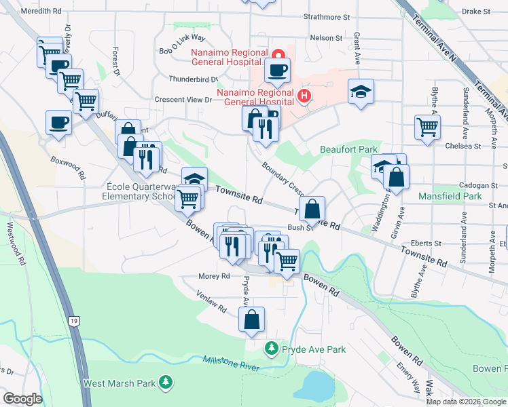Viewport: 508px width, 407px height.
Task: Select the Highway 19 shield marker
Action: point(73,319)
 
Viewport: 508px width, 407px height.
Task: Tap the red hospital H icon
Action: point(304,96)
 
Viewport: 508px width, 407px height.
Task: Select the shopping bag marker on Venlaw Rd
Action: point(251,319)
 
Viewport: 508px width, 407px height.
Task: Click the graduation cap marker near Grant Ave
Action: point(361,92)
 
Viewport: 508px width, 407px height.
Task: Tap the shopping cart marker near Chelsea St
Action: point(427,127)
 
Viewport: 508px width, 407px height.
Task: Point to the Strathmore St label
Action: point(327,16)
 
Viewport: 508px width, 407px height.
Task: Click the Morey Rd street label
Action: point(215,276)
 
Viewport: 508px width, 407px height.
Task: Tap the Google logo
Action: point(22,399)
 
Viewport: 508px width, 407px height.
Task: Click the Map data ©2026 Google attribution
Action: point(465,402)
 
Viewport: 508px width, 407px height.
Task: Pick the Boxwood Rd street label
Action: point(68,167)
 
